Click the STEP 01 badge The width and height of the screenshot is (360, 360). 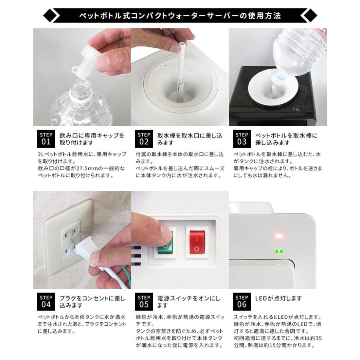(46, 139)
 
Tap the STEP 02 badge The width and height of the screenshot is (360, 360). (144, 139)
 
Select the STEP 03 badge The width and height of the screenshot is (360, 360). (242, 139)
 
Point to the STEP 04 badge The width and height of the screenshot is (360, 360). (46, 302)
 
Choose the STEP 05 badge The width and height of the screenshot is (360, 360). (144, 302)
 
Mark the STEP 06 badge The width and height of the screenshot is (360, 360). (242, 302)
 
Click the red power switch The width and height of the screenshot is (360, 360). (197, 243)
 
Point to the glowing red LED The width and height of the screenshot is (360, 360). (279, 236)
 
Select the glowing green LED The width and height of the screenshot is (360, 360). (279, 252)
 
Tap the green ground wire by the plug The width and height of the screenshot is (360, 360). (125, 276)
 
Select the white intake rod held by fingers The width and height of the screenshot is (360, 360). (181, 66)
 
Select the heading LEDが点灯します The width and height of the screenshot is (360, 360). (278, 298)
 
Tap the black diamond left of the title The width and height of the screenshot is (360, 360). (50, 16)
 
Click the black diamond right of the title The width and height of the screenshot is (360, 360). (310, 16)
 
